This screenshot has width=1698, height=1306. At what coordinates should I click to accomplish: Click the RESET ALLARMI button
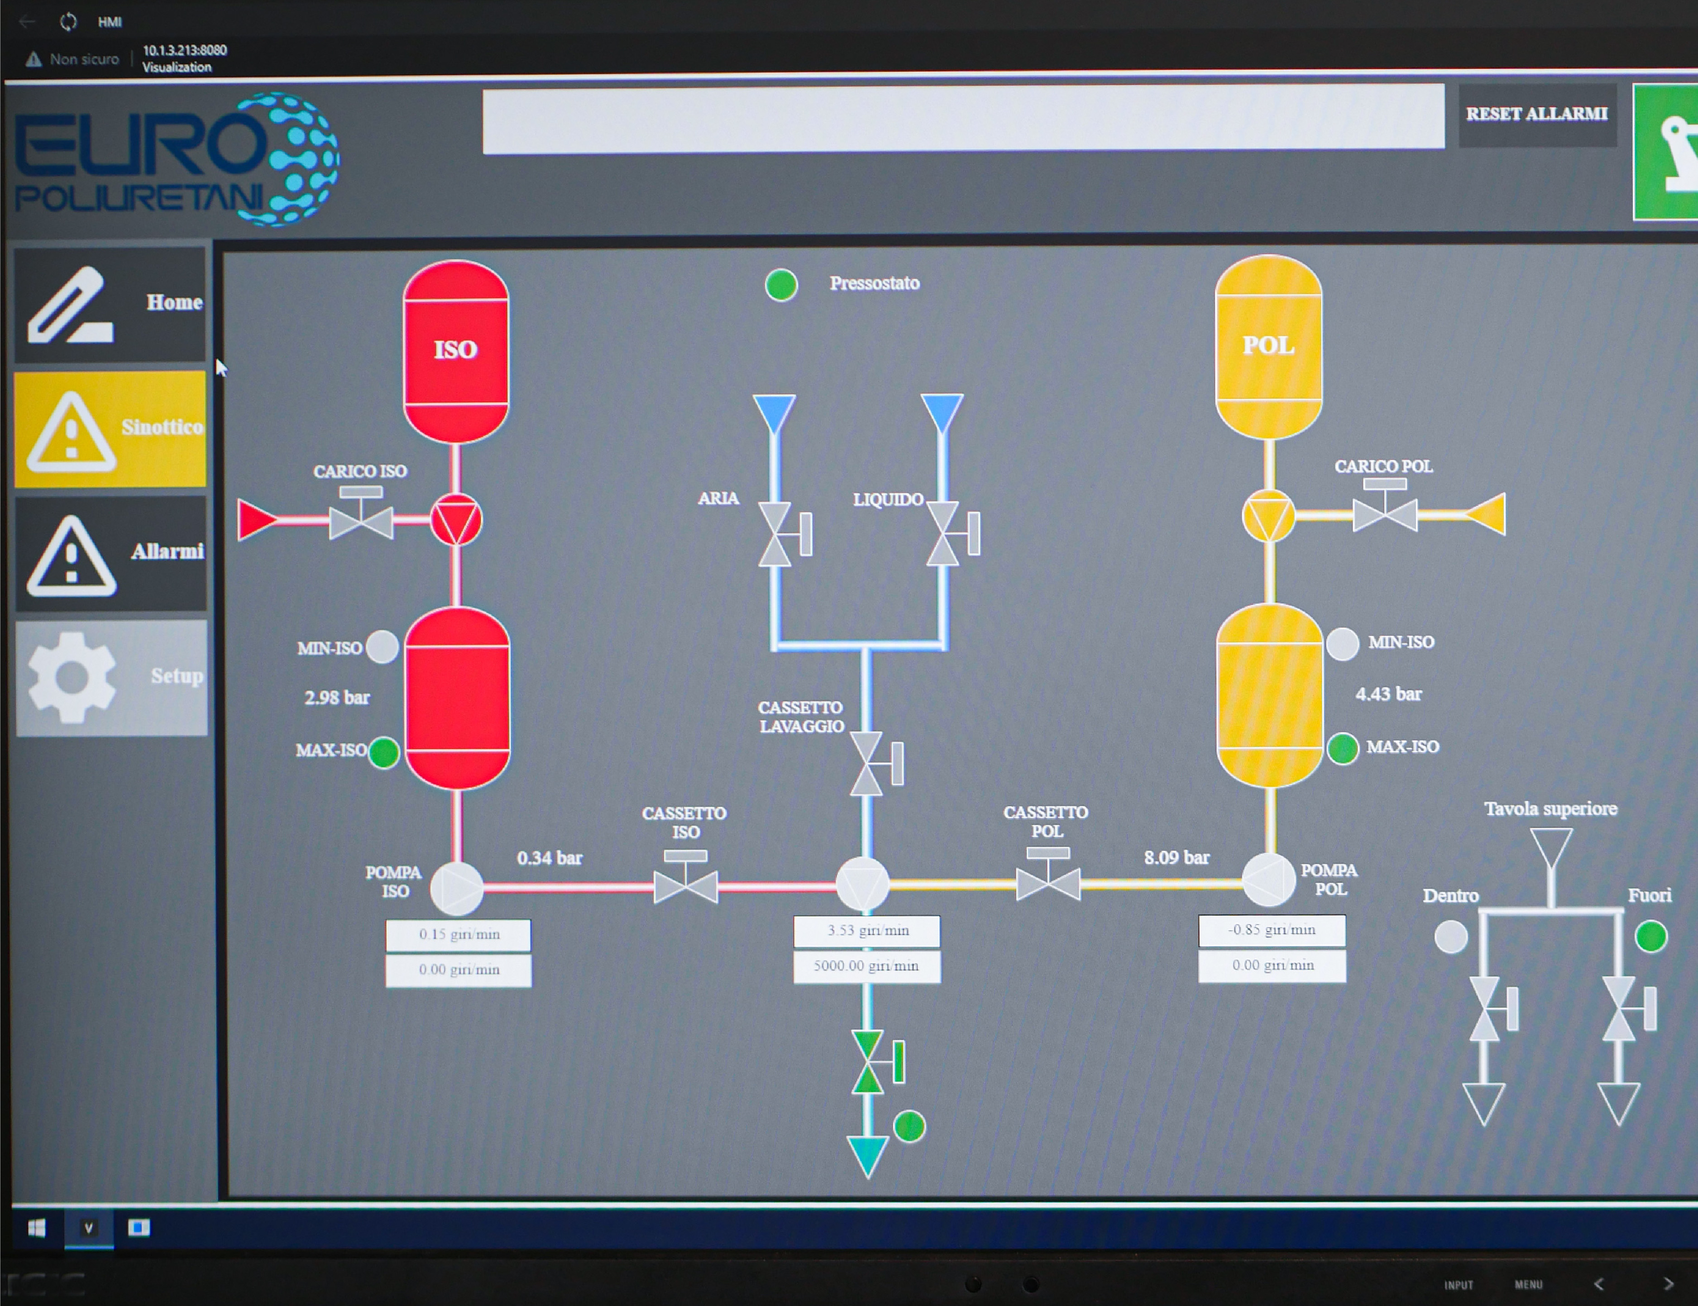pos(1536,114)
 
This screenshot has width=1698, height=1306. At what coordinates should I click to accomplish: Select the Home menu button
pos(110,303)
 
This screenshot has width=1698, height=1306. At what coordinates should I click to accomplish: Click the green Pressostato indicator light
pos(780,285)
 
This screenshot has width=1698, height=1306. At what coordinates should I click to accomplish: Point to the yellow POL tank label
pos(1268,345)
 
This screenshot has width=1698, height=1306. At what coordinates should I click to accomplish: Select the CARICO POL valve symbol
pos(1385,512)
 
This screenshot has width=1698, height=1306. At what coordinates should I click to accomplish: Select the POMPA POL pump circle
pos(1268,881)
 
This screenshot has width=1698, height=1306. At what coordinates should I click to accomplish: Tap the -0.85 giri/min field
pos(1272,930)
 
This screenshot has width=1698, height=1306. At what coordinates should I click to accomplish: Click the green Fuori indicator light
pos(1650,936)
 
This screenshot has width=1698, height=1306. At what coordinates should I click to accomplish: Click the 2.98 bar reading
pos(337,697)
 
